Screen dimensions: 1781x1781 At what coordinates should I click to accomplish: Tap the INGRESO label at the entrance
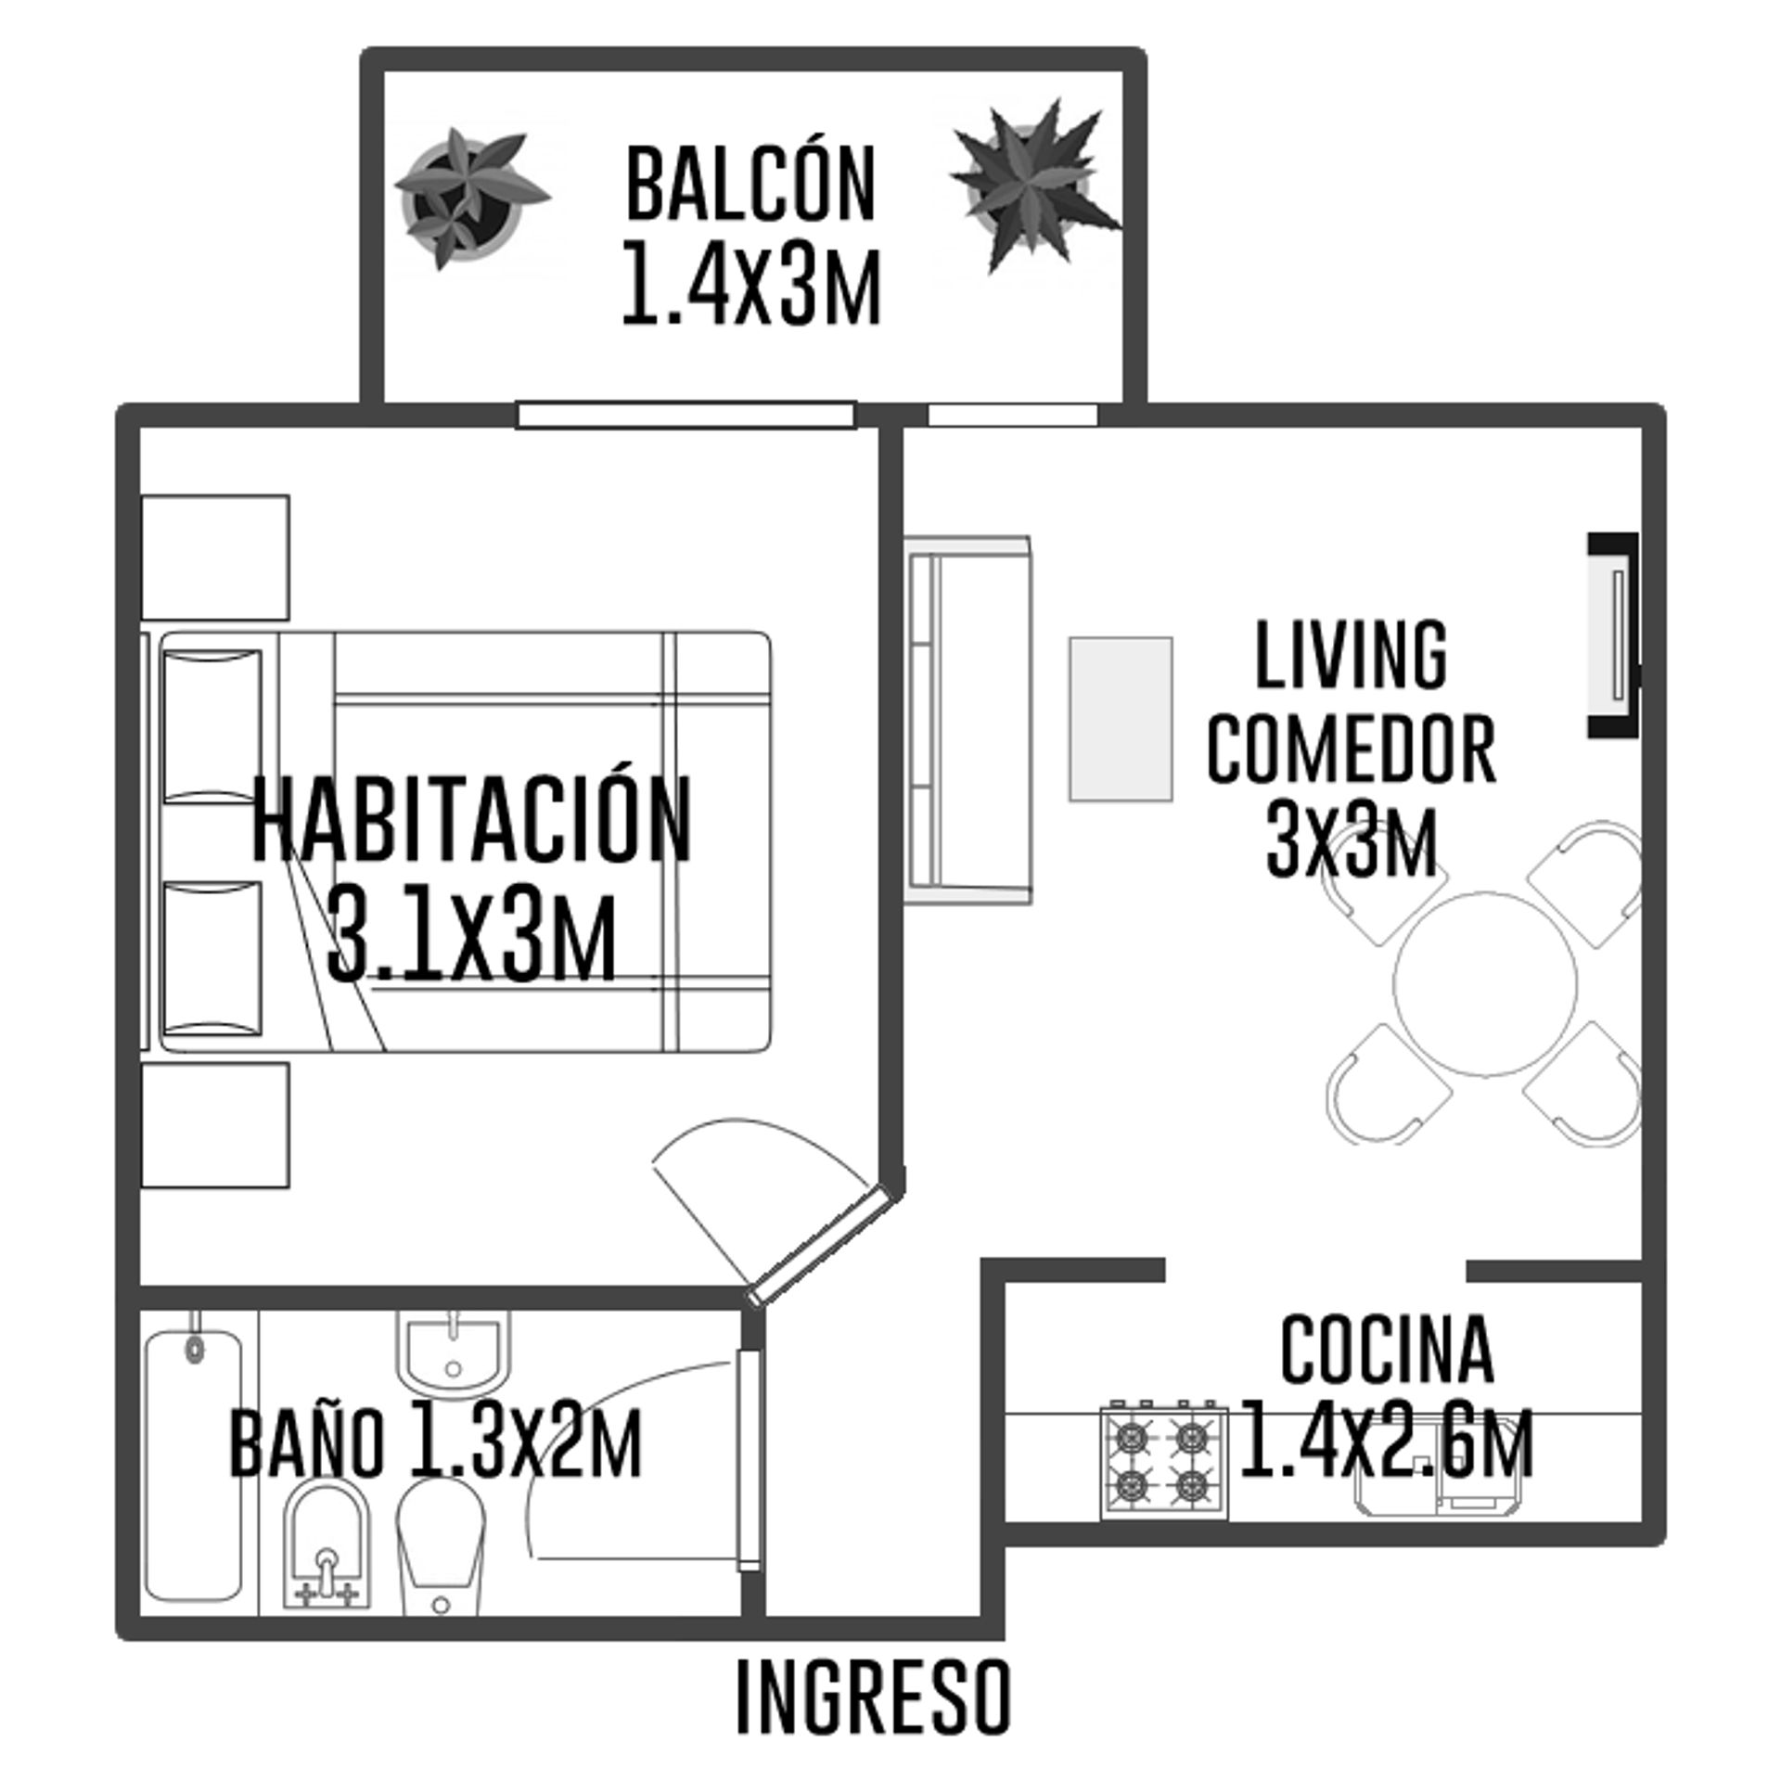(x=873, y=1710)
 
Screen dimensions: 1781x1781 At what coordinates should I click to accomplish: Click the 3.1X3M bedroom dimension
(x=472, y=934)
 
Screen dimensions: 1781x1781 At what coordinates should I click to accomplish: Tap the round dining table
(x=1485, y=984)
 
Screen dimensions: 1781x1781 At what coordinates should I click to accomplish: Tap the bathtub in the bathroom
(x=193, y=1466)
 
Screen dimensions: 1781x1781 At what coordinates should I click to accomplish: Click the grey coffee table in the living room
(x=1121, y=719)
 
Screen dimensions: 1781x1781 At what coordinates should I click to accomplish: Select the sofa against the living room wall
(x=967, y=720)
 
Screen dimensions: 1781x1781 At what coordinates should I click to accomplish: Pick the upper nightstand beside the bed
(x=215, y=557)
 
